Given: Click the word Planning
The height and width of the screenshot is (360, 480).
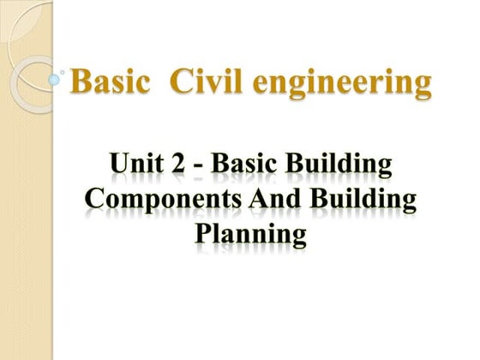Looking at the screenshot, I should pos(249,235).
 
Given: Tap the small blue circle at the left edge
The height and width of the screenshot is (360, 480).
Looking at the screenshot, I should pos(54,80).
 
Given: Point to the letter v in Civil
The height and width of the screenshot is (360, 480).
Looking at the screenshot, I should pos(213,85).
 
